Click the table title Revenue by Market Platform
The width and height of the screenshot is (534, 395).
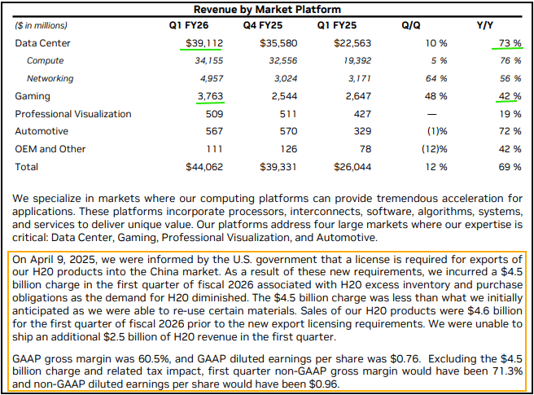[267, 9]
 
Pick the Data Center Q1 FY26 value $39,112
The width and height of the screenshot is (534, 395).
[199, 42]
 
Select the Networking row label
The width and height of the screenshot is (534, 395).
[50, 78]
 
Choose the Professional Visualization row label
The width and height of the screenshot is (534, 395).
[72, 114]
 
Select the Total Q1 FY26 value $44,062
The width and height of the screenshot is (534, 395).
[199, 167]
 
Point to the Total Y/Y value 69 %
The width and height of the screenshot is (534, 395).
[510, 167]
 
